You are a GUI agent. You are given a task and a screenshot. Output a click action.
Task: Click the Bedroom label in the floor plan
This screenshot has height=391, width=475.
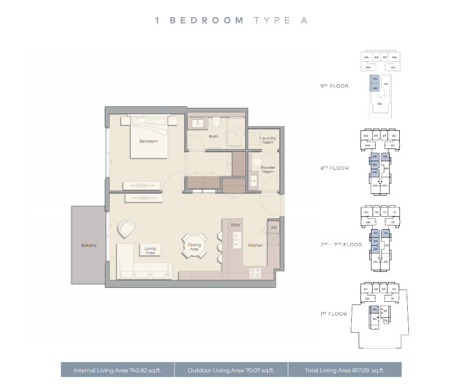coord(148,141)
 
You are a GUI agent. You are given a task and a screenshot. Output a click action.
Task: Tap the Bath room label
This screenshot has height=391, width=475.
coord(213,137)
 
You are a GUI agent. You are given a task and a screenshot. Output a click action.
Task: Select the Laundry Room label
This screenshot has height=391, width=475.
coord(267,140)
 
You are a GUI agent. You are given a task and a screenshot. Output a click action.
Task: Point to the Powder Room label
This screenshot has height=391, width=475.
coord(267,169)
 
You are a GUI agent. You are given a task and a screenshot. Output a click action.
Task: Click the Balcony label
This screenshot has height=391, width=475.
coord(89,245)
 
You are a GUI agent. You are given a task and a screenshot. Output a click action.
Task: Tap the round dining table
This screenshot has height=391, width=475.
coord(194,245)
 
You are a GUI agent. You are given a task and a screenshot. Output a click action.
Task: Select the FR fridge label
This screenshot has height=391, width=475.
coord(273,228)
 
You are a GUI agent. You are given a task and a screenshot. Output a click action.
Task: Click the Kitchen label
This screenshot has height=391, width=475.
coord(256,245)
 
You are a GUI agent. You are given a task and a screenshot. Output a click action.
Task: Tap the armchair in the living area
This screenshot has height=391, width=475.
coord(127,229)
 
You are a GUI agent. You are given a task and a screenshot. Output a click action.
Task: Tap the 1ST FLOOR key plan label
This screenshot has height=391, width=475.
coord(334,314)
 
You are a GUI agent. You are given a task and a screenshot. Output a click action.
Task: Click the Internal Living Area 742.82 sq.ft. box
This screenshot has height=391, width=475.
coord(117,370)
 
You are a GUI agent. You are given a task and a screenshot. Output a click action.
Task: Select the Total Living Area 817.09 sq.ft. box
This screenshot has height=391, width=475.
coord(345,370)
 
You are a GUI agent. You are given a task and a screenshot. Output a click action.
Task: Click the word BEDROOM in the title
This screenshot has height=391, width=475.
coord(207,20)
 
